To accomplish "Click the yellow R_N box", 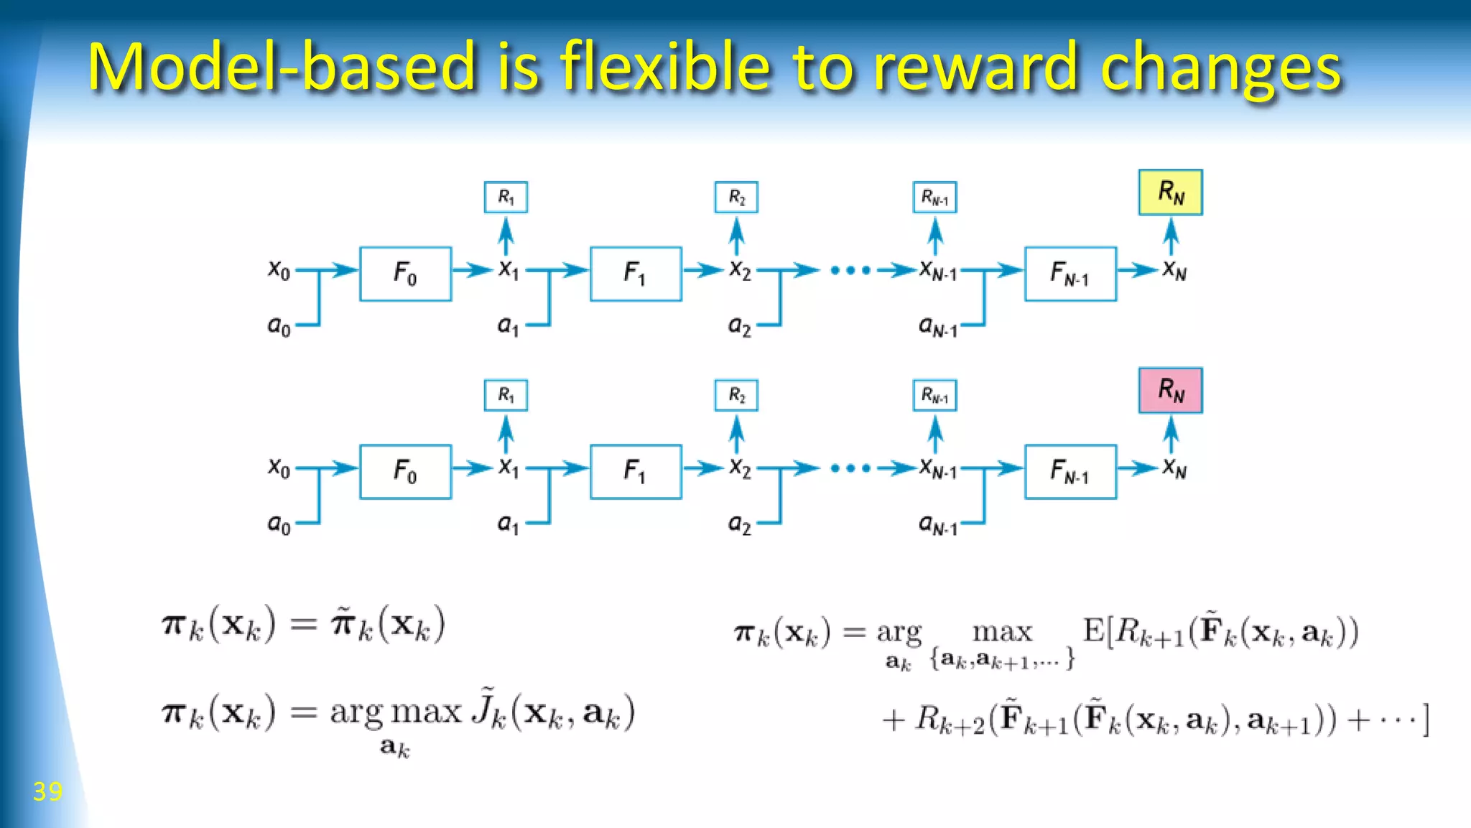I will tap(1170, 192).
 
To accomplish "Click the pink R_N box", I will tap(1170, 391).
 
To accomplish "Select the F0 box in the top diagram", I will tap(405, 274).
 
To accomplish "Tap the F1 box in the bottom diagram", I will tap(636, 472).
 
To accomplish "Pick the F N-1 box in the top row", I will tap(1070, 274).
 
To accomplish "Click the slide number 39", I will tap(47, 791).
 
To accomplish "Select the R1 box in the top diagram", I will tap(506, 197).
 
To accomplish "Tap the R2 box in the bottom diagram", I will tap(736, 396).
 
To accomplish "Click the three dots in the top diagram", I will tap(850, 271).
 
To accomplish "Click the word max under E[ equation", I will tap(1002, 633).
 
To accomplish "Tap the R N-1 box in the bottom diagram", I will tap(934, 396).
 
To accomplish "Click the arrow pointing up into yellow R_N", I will tap(1171, 236).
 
